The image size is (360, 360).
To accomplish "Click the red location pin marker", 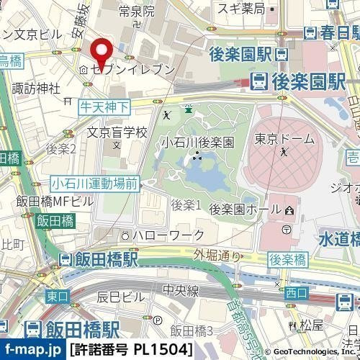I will point(102,50).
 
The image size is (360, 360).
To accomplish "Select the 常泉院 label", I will point(137,11).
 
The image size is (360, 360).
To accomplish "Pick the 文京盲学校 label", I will point(117,132).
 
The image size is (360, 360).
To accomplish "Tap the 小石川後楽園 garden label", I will point(198,142).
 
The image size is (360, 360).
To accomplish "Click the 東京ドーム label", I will point(285,138).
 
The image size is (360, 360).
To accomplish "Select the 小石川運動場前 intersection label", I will point(94,184).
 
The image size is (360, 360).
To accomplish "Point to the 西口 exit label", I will point(296,292).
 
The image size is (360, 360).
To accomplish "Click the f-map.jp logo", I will point(32,351).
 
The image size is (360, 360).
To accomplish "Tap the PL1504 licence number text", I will point(163,351).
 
